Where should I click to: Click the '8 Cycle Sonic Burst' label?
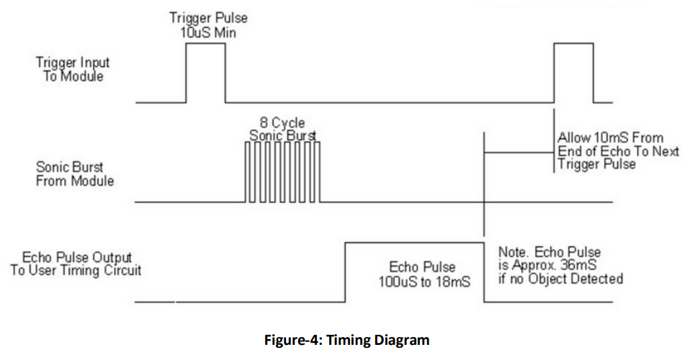(283, 129)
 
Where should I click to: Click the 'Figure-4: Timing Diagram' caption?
(347, 340)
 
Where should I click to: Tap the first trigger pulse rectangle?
(206, 72)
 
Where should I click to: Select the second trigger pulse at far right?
(575, 72)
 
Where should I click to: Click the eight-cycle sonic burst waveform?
(283, 173)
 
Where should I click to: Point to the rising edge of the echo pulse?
(346, 271)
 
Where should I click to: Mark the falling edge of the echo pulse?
(483, 271)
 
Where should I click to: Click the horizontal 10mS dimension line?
(519, 153)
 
